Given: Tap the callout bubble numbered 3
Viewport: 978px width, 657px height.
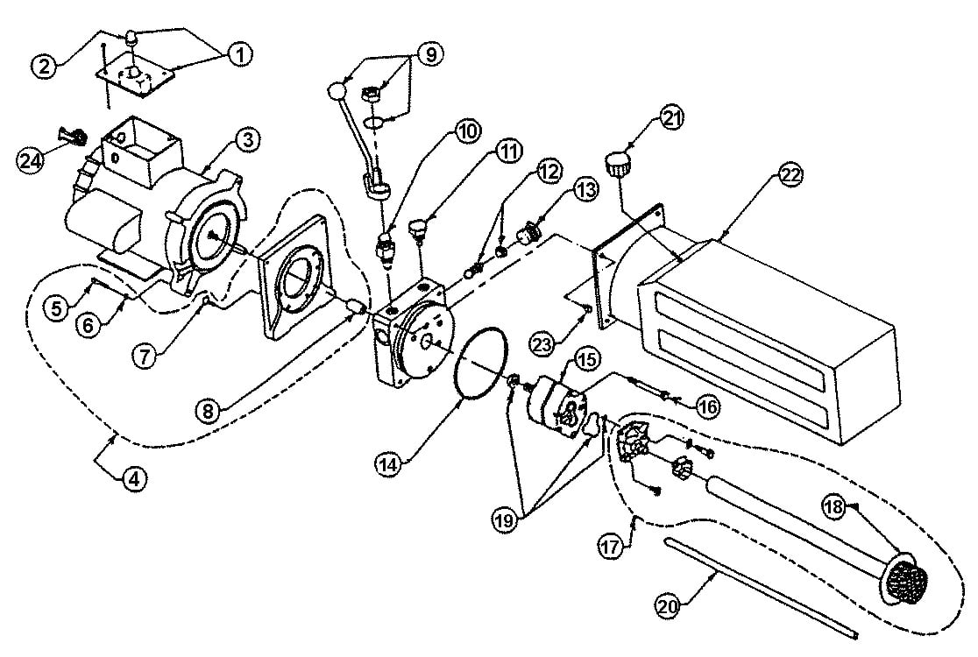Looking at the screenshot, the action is (x=248, y=139).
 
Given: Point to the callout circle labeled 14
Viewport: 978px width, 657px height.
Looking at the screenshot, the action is (x=388, y=463).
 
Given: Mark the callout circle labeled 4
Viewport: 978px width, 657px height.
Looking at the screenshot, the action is (x=134, y=478).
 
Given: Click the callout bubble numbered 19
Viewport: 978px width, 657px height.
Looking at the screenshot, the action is (x=506, y=519).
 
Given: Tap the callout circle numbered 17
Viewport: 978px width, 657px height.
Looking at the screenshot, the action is (x=611, y=547).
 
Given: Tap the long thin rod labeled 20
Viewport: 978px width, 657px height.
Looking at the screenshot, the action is (x=761, y=587).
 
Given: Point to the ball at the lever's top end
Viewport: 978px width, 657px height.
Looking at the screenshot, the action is (x=337, y=92).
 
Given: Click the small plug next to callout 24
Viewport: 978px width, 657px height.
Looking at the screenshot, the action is (x=72, y=135).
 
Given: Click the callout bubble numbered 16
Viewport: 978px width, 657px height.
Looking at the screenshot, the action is (x=708, y=407).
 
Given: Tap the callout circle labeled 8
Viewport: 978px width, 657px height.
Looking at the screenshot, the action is (x=209, y=411).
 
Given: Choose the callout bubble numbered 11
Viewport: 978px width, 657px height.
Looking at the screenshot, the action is (x=509, y=152).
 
